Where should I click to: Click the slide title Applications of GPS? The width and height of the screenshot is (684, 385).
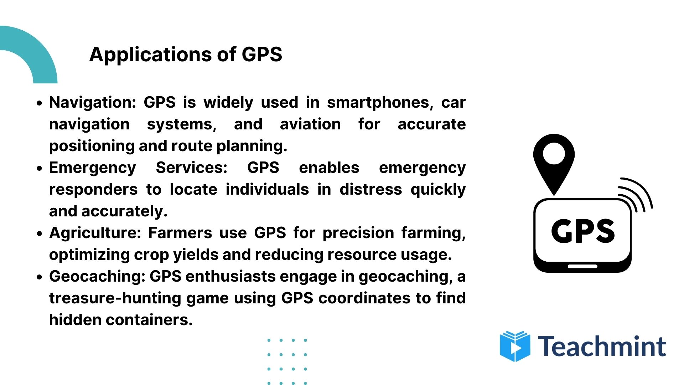[186, 55]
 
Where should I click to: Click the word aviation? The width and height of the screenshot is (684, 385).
[310, 124]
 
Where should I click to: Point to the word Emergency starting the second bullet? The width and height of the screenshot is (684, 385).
[93, 168]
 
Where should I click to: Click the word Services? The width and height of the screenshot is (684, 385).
[192, 168]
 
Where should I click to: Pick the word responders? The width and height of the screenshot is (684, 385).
[93, 190]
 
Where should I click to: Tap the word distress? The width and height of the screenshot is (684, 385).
[370, 190]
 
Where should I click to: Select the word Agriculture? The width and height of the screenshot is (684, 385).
[95, 233]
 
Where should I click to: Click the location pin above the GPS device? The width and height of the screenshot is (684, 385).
[554, 160]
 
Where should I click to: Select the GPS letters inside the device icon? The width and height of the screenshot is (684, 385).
[583, 231]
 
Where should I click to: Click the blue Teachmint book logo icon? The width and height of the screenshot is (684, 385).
[515, 346]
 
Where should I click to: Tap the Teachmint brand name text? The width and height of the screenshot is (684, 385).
[602, 346]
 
